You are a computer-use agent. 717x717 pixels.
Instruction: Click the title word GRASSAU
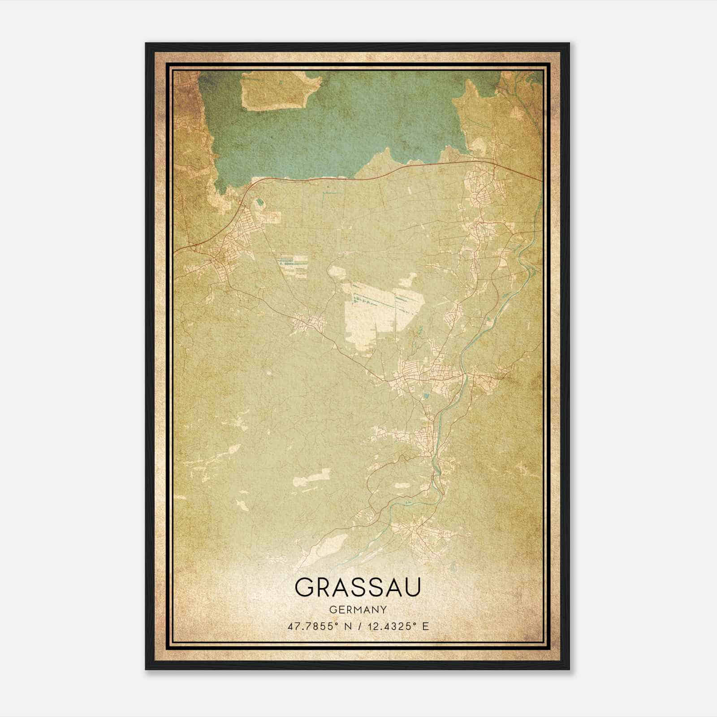(x=358, y=587)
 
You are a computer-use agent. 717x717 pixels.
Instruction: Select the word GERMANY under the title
(x=358, y=610)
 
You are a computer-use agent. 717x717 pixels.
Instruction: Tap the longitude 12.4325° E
(x=397, y=626)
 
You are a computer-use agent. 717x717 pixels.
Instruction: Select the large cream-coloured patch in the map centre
(x=367, y=314)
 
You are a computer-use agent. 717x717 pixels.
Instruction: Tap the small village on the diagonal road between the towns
(x=308, y=322)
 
